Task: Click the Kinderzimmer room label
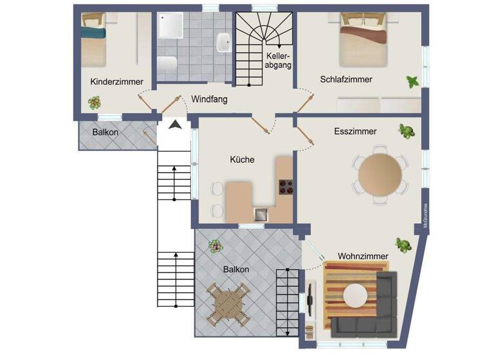[x=116, y=82]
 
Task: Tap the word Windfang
[x=209, y=100]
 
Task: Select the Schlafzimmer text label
[x=346, y=79]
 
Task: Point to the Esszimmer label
[x=355, y=131]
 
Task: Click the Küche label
[x=242, y=159]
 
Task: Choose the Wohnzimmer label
[x=363, y=256]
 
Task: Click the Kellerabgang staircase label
[x=280, y=60]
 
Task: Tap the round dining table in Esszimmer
[x=380, y=174]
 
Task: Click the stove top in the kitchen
[x=285, y=187]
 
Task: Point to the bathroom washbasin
[x=224, y=42]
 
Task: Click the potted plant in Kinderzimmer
[x=95, y=102]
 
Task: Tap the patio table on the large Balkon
[x=228, y=301]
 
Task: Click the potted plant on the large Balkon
[x=214, y=246]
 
